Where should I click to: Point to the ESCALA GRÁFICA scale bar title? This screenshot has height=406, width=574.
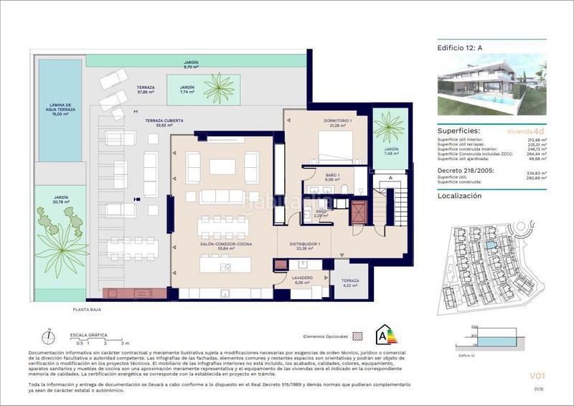pyautogui.click(x=88, y=335)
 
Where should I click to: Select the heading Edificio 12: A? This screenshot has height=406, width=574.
pyautogui.click(x=459, y=49)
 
